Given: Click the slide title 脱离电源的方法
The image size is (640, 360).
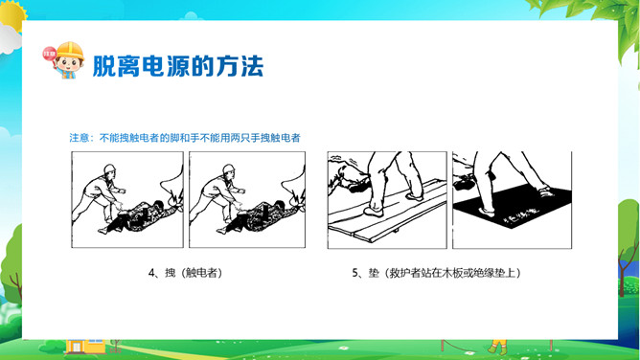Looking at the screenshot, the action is pos(178,66).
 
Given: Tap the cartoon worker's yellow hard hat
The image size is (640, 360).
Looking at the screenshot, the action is pos(70,50).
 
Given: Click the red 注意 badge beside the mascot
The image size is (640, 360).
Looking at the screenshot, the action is pos(50,54).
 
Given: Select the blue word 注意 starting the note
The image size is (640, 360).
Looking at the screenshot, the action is pos(79,138).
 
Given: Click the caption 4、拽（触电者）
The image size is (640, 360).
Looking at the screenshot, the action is pos(186,273).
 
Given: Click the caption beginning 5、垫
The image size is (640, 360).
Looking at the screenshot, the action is pos(437,273).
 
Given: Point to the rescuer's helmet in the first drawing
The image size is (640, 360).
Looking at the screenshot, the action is pos(109,169).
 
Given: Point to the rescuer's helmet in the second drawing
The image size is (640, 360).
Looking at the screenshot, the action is pos(229,169).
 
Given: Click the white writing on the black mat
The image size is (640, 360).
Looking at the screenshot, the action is pos(521,217).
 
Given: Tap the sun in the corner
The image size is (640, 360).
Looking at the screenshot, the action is pos(12,14).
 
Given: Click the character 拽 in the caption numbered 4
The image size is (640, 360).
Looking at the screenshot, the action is pos(171,273).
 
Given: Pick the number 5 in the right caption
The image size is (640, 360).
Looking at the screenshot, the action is pos(354,273).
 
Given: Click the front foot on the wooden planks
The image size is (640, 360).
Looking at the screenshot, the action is pos(373,212).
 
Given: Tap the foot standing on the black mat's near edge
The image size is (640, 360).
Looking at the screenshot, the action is pos(485,212).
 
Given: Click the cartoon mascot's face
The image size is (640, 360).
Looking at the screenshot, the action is pos(69,64).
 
